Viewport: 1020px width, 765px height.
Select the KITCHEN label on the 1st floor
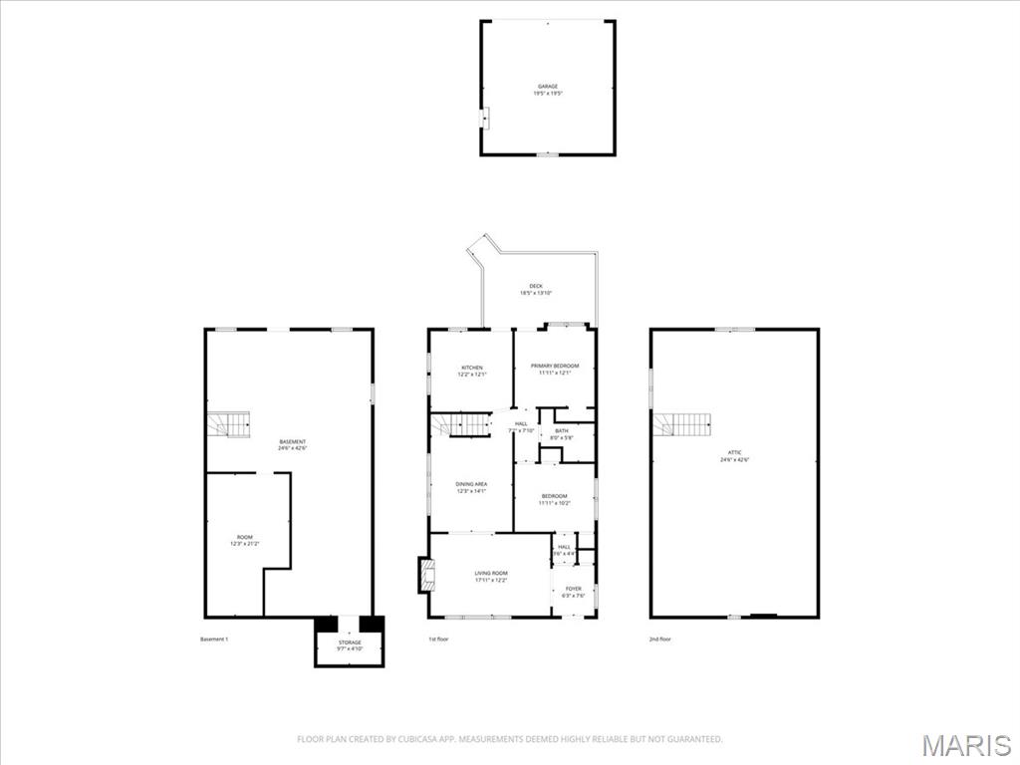coord(471,370)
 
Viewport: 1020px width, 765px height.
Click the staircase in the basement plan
coord(228,425)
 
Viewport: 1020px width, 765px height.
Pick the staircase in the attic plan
coord(683,425)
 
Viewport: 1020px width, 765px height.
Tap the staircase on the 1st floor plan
coord(462,425)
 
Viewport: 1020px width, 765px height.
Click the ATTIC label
coord(735,456)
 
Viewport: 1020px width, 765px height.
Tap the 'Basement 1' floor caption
coord(214,638)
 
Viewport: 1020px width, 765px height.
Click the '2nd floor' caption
coord(659,638)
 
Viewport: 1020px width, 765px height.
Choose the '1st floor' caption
coord(438,638)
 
